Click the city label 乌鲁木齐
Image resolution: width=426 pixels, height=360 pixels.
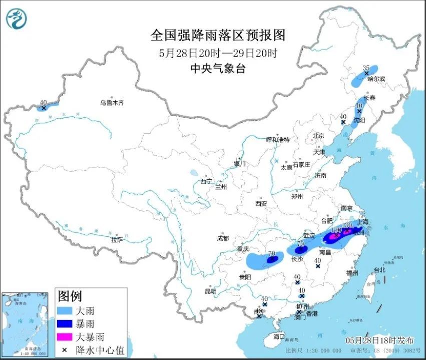coord(111,103)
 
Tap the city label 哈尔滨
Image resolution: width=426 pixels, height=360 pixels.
coord(376,79)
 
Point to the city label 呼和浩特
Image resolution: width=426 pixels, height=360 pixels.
coord(278,139)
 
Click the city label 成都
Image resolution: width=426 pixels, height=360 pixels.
coord(223,238)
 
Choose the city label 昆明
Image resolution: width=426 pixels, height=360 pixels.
coord(211,291)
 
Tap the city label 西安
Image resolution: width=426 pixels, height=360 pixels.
coord(261,203)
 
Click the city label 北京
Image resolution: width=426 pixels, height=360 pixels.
coord(319,136)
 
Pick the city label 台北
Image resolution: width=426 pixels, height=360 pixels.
coord(379,270)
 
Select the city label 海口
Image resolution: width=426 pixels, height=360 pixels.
coord(278,337)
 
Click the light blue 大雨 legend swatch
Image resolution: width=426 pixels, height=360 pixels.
coord(66,311)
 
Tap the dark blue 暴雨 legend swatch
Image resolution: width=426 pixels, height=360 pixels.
coord(66,324)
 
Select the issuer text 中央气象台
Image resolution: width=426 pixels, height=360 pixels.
coord(218,69)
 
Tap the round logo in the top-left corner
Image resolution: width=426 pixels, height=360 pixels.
coord(16,19)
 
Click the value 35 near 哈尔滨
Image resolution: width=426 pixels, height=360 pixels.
coord(365,68)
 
